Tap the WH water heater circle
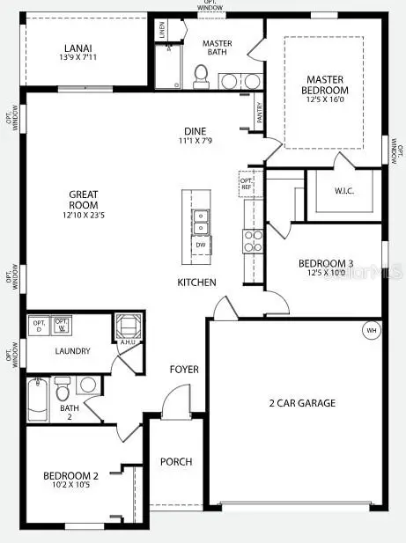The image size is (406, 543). [371, 330]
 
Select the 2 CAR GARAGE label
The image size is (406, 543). [301, 403]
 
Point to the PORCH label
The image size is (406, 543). [175, 462]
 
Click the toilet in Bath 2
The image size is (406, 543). [62, 386]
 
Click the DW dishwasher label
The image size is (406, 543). [202, 246]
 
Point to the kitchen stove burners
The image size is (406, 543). [252, 241]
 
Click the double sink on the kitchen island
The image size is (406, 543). [202, 222]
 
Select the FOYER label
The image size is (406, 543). [184, 370]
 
